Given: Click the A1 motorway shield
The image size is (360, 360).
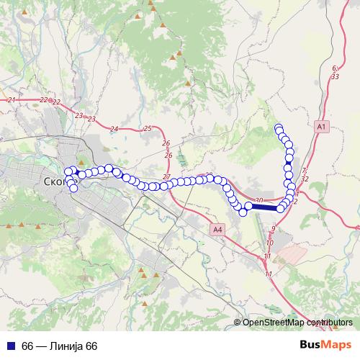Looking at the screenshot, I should click(x=322, y=126).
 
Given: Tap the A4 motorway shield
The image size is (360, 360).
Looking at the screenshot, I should click(x=218, y=229).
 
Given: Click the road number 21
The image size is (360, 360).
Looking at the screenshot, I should click(x=11, y=99).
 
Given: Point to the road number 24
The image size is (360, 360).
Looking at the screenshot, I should click(x=114, y=129).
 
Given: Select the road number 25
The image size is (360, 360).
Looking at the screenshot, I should click(x=148, y=128).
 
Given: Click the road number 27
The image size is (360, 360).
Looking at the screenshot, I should click(x=167, y=177).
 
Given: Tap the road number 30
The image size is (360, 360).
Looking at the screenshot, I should click(x=259, y=200).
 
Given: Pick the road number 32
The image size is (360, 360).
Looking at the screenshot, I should click(x=305, y=178).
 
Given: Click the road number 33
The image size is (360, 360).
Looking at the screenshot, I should click(x=336, y=76).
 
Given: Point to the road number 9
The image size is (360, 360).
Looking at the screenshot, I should click(x=274, y=228).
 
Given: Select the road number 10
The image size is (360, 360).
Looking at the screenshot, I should click(x=269, y=243).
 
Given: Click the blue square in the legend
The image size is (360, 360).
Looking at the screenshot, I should click(x=11, y=346).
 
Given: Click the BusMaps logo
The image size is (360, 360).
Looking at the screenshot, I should click(x=326, y=345).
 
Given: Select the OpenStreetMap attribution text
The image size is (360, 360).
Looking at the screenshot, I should click(x=295, y=323).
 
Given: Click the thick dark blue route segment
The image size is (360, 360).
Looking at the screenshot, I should click(x=264, y=207).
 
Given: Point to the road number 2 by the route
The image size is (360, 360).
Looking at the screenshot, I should click(x=295, y=201).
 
